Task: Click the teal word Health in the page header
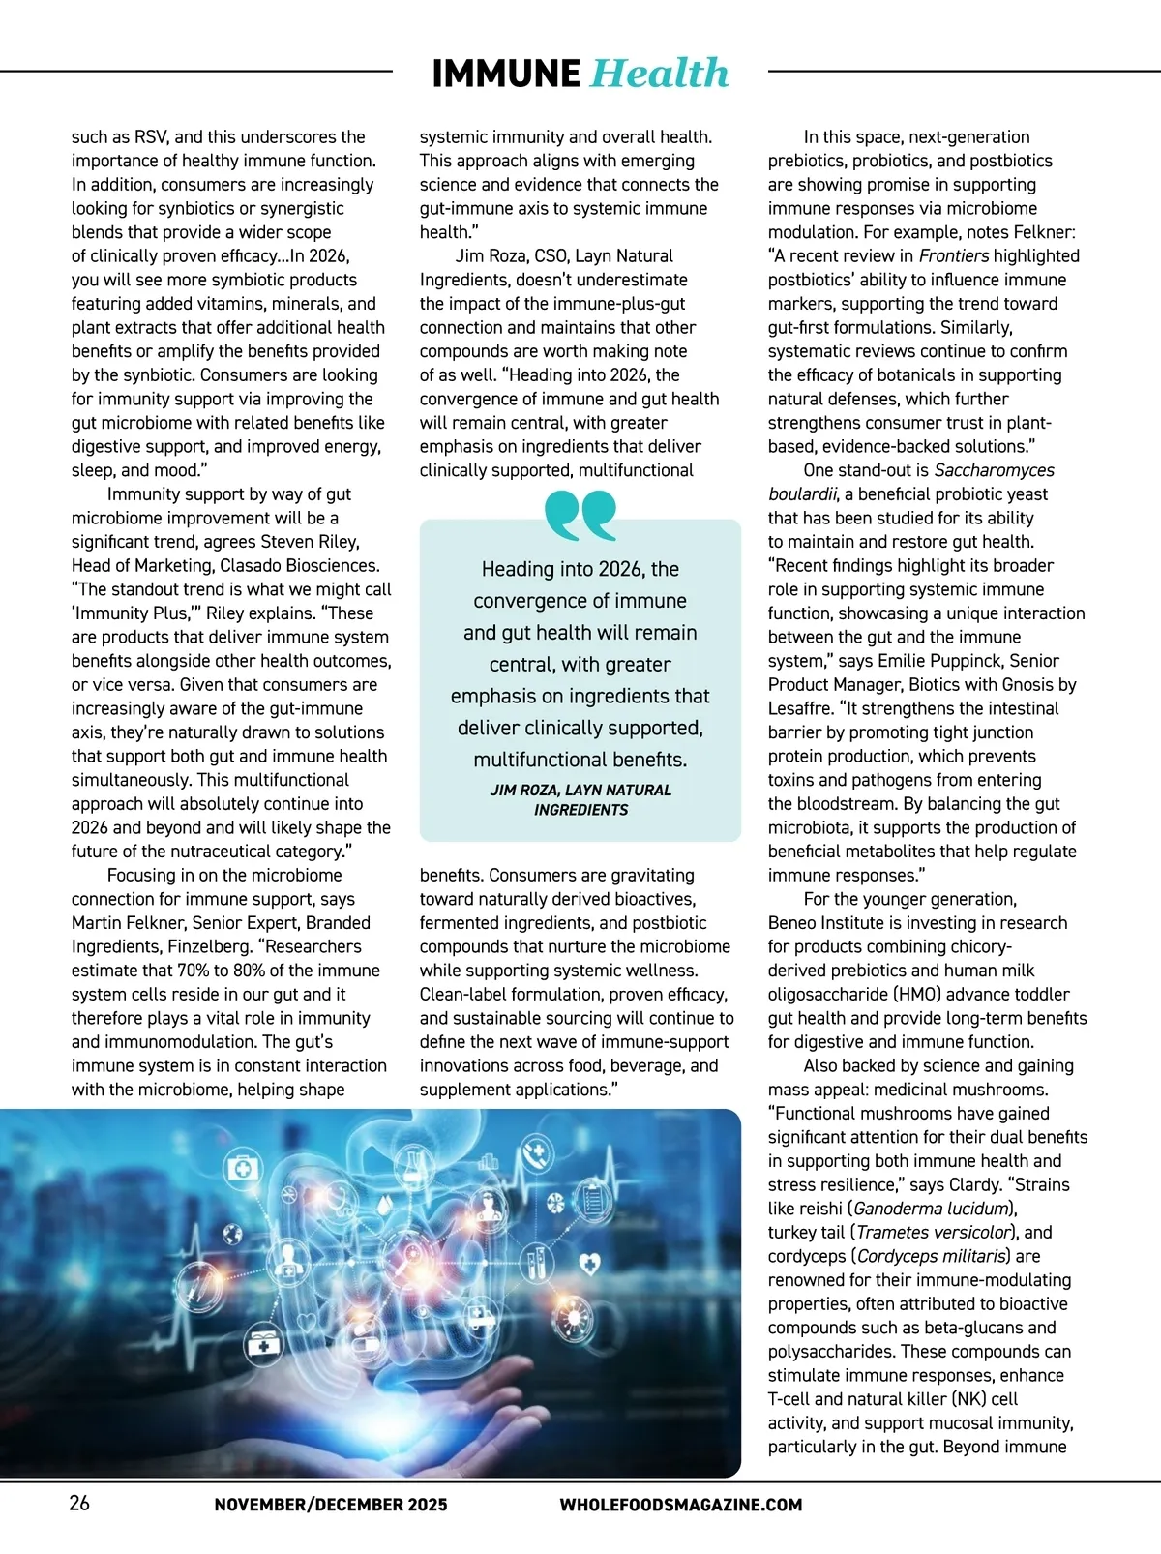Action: click(x=659, y=74)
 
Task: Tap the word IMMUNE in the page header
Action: click(x=506, y=74)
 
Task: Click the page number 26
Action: click(x=79, y=1503)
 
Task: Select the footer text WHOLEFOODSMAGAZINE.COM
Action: click(x=681, y=1505)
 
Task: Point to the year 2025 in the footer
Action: click(x=428, y=1505)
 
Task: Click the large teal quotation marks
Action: click(x=580, y=515)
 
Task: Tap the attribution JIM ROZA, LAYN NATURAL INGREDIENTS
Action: click(x=580, y=799)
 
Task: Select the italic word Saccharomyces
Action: click(x=994, y=470)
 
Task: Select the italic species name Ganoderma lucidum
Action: click(x=933, y=1209)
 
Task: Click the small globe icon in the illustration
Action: click(x=231, y=1234)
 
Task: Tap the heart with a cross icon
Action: click(x=588, y=1262)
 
